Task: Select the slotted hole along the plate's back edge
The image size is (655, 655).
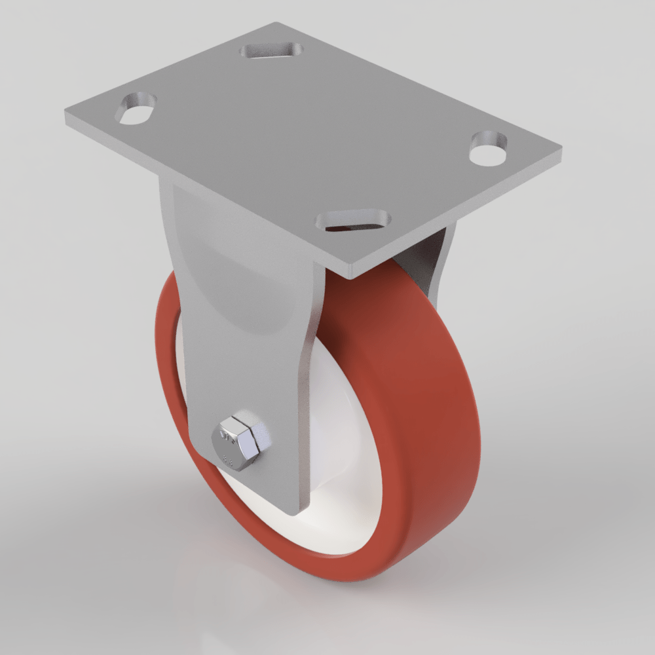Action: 272,50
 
